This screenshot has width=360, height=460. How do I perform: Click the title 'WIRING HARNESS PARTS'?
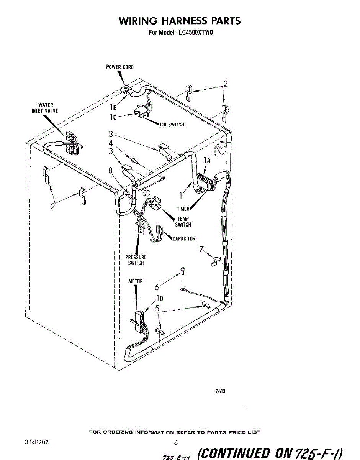click(180, 21)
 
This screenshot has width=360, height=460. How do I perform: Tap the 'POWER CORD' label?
click(120, 67)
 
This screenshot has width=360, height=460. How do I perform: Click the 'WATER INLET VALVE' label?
click(45, 108)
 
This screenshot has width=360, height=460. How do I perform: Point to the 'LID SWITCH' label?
click(172, 125)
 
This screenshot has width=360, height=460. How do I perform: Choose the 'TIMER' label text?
click(183, 209)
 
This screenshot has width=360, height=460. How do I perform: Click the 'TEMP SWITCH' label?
click(183, 222)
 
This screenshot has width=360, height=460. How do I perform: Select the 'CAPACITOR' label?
click(184, 239)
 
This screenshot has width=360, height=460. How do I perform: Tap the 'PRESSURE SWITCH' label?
click(136, 260)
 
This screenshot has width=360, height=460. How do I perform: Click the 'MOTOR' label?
click(135, 281)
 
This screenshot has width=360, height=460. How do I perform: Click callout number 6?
click(157, 286)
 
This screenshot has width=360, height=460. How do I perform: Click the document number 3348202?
click(36, 442)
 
